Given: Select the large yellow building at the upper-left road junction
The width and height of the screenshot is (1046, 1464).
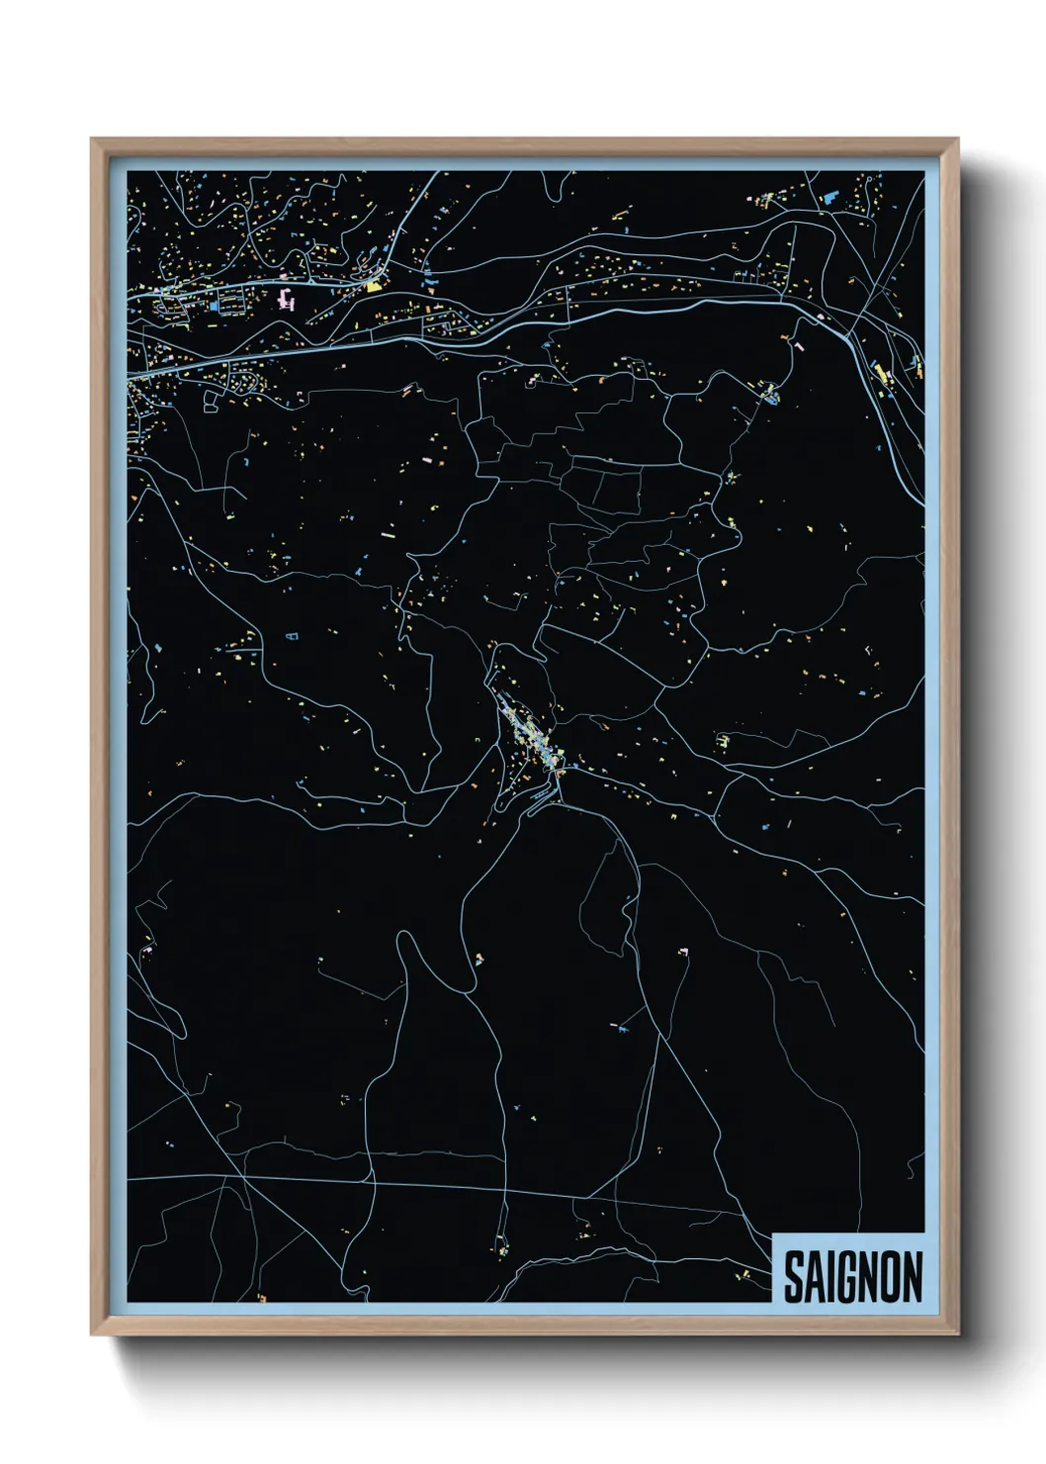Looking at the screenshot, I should (x=374, y=286).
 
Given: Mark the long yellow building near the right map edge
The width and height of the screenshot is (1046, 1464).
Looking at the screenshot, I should (x=879, y=374).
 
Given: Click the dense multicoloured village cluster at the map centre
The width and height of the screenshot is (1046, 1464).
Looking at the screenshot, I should (x=529, y=737).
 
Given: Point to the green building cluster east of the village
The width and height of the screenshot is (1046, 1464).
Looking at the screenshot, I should (x=725, y=739).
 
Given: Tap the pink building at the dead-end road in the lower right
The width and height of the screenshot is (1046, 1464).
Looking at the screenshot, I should (x=682, y=952).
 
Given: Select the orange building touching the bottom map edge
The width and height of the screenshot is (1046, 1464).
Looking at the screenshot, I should (x=262, y=1297).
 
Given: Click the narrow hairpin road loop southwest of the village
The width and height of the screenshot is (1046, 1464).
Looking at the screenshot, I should (x=404, y=950).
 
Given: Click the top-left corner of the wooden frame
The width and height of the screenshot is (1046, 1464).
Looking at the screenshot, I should (x=92, y=139).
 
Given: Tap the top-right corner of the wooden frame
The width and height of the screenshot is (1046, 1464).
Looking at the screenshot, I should (x=958, y=139).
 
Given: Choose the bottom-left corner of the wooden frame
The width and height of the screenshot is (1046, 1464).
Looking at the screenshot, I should (x=92, y=1333).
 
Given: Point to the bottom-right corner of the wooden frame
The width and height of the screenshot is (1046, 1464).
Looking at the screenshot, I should (x=958, y=1333).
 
